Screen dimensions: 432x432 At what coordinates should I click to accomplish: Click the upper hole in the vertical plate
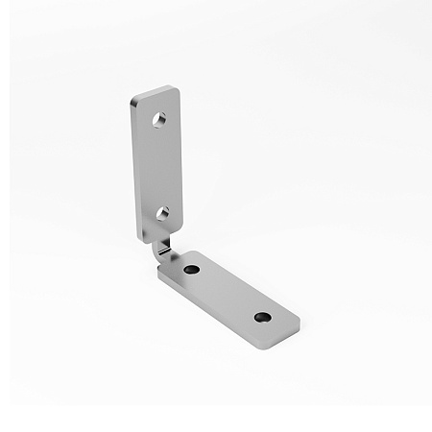pos(160,121)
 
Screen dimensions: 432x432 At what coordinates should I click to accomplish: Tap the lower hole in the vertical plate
pos(162,209)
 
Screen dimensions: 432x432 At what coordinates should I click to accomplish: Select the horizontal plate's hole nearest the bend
pos(191,270)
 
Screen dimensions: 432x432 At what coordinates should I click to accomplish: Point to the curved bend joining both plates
pos(164,249)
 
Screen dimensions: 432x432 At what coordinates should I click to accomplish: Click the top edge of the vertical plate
pos(154,90)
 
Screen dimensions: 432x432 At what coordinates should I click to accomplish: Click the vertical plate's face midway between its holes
pos(160,165)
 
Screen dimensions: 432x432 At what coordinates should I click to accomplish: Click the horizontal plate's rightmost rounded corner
pos(297,324)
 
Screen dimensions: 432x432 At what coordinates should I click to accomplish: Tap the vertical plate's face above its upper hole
pos(156,103)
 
